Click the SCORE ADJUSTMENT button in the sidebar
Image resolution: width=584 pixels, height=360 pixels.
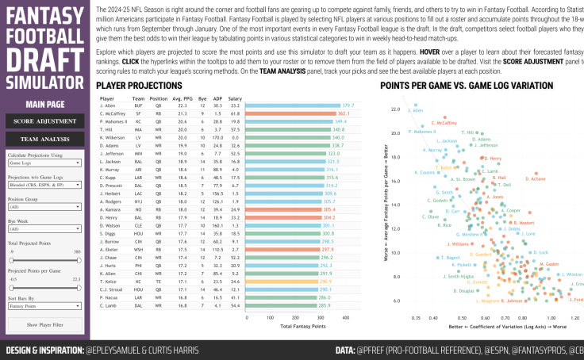tap(44, 121)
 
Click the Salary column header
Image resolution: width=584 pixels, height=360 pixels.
tap(236, 98)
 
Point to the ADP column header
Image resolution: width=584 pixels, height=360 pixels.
tap(217, 98)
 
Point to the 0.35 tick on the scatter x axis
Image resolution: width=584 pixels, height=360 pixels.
tap(417, 316)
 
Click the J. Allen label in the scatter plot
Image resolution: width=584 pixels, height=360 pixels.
tap(416, 110)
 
